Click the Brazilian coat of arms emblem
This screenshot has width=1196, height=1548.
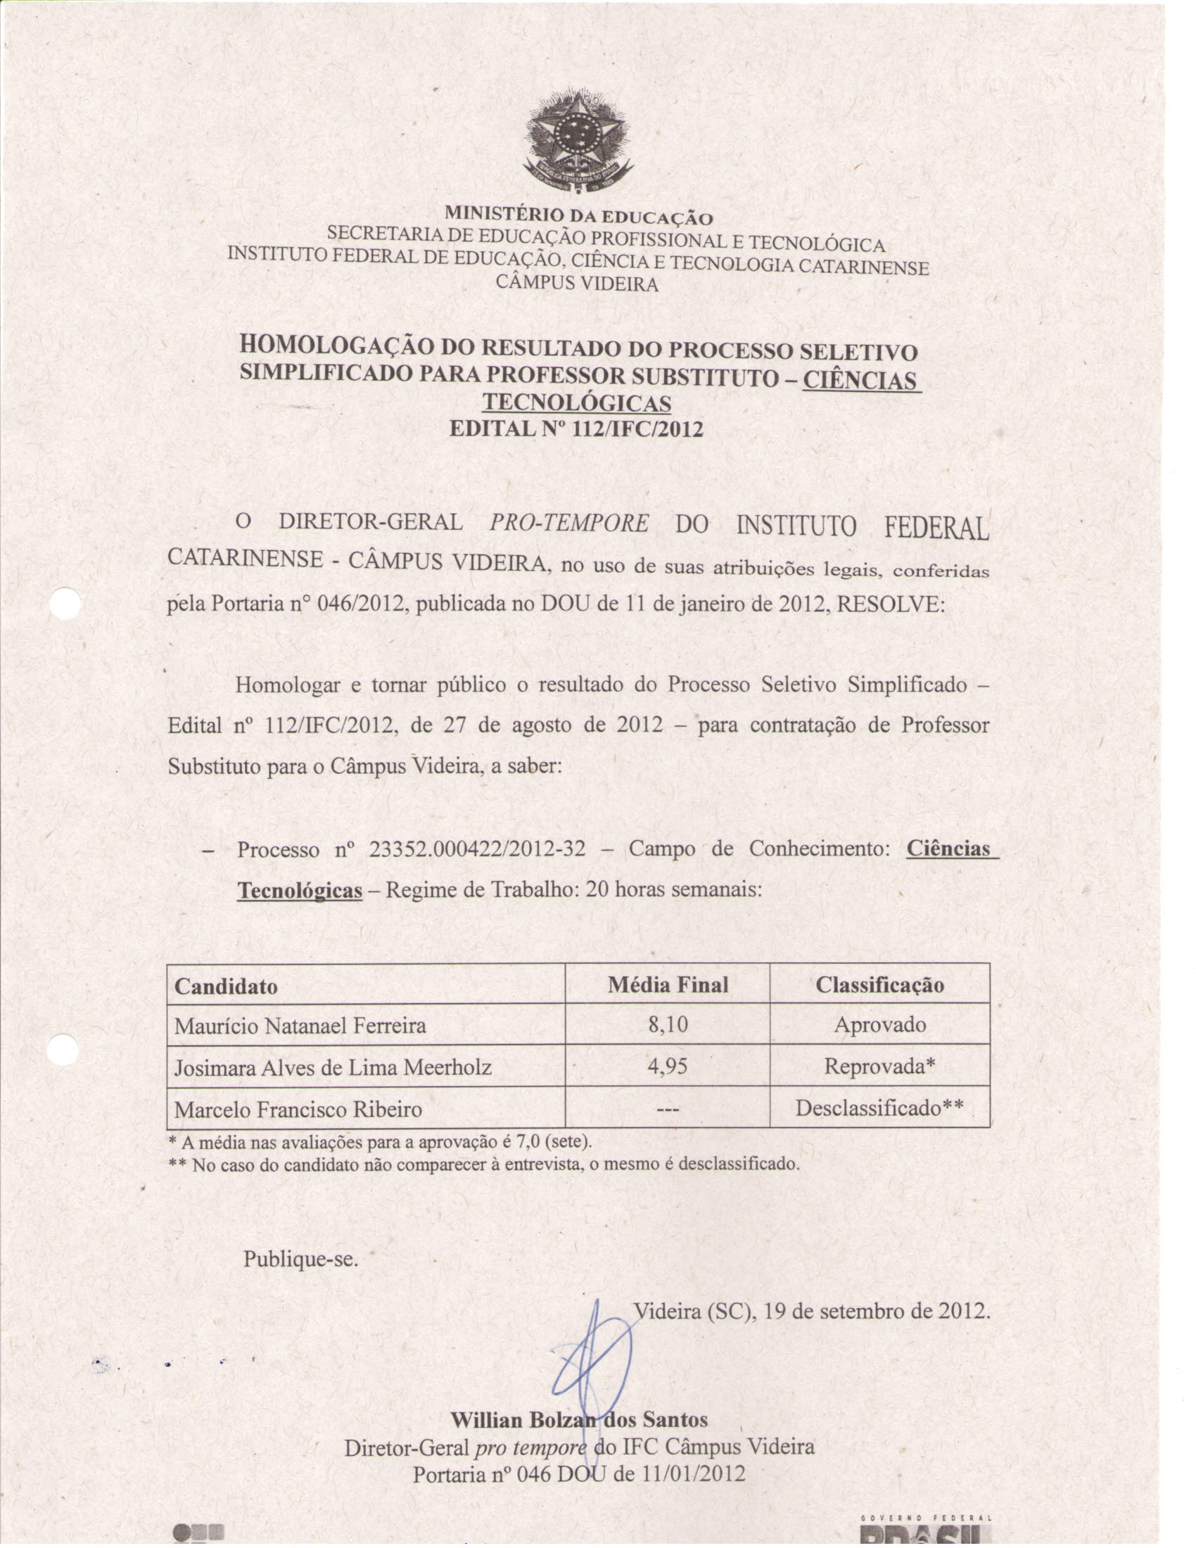coord(578,141)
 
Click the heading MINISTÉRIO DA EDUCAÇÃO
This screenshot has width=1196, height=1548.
coord(578,215)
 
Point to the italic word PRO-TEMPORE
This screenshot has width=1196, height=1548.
coord(568,523)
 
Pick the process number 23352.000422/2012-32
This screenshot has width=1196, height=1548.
coord(478,849)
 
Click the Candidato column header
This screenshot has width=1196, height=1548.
coord(226,986)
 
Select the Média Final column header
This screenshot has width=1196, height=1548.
coord(668,984)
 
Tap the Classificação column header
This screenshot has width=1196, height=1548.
coord(879,984)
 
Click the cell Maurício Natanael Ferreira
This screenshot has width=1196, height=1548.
coord(300,1026)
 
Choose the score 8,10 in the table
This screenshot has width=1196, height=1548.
coord(668,1025)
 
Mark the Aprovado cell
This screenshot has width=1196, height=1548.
coord(879,1025)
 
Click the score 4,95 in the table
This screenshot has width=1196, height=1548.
coord(668,1066)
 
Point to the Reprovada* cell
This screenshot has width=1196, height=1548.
coord(879,1066)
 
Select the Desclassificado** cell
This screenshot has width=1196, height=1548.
coord(879,1108)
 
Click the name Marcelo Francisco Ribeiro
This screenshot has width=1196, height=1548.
coord(298,1109)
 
